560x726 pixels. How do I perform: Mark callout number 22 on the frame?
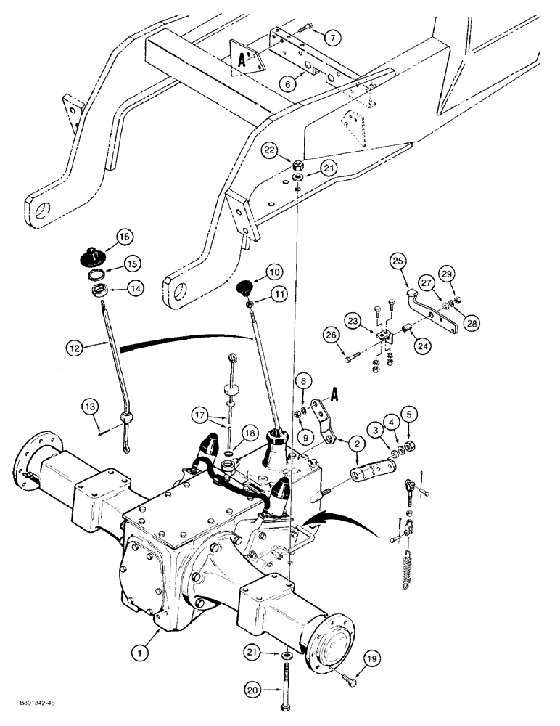(271, 150)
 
